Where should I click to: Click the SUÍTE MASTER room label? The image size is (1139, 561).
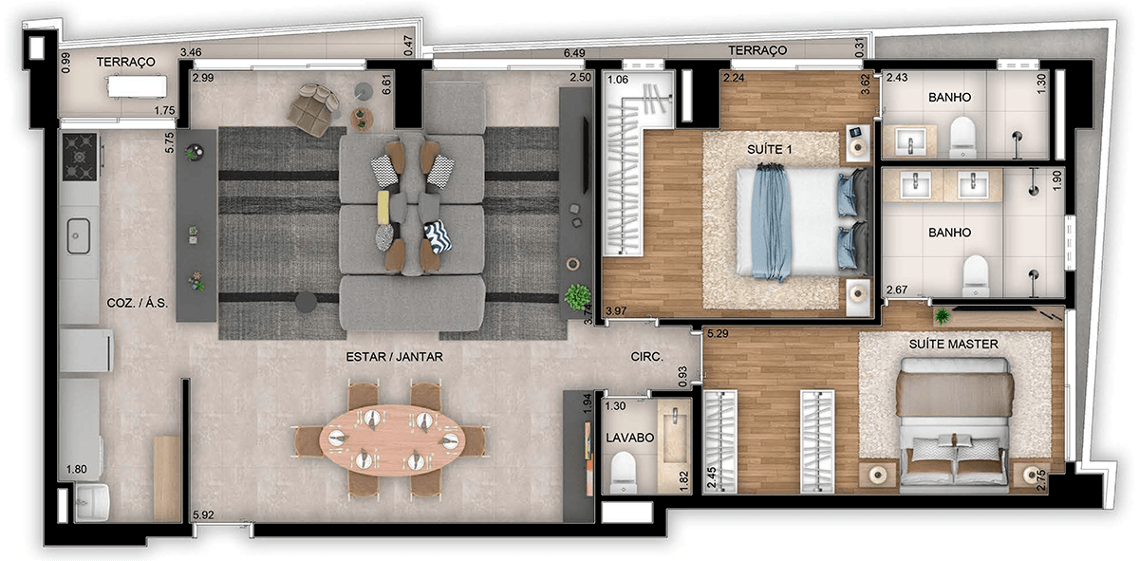click(953, 345)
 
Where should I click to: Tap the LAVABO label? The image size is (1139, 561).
click(629, 438)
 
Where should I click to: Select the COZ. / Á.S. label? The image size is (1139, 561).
click(137, 303)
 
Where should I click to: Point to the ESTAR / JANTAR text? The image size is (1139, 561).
click(394, 357)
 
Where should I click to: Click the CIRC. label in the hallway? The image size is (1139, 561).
click(646, 357)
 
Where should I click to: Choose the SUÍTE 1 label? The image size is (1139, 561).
click(770, 150)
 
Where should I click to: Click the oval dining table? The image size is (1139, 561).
click(392, 440)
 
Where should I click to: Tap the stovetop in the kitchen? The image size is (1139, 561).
click(80, 158)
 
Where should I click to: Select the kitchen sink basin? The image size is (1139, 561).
click(78, 236)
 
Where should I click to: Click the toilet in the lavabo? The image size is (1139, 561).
click(624, 473)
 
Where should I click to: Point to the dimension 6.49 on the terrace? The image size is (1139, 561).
click(574, 53)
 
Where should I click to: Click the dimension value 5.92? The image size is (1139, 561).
click(203, 514)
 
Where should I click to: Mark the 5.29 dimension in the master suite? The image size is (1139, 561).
click(718, 333)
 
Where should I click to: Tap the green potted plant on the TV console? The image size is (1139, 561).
click(578, 297)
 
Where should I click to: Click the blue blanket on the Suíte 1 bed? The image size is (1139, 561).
click(771, 222)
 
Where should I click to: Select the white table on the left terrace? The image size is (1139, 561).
click(137, 86)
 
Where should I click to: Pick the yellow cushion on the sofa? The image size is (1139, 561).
click(383, 207)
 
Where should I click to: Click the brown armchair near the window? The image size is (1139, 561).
click(312, 110)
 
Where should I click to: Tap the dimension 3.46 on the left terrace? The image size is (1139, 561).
click(191, 52)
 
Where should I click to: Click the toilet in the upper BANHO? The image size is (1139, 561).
click(962, 138)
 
